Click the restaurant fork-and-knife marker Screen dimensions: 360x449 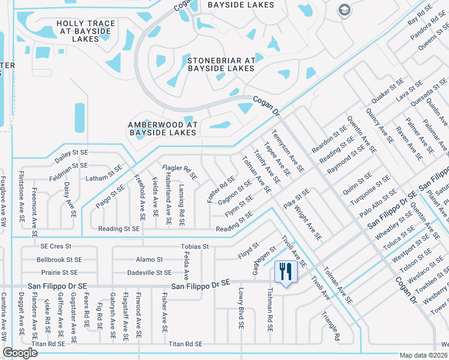(x=283, y=272)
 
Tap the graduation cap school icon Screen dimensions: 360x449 (x=344, y=10)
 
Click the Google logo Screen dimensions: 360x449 (x=20, y=353)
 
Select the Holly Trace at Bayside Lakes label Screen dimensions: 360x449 (x=85, y=31)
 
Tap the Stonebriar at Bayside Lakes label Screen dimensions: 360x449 (x=221, y=65)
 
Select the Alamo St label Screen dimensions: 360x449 (x=149, y=259)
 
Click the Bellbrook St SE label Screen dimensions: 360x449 (x=59, y=259)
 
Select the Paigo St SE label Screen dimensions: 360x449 (x=110, y=197)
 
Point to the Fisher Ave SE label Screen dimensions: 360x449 (x=164, y=313)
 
